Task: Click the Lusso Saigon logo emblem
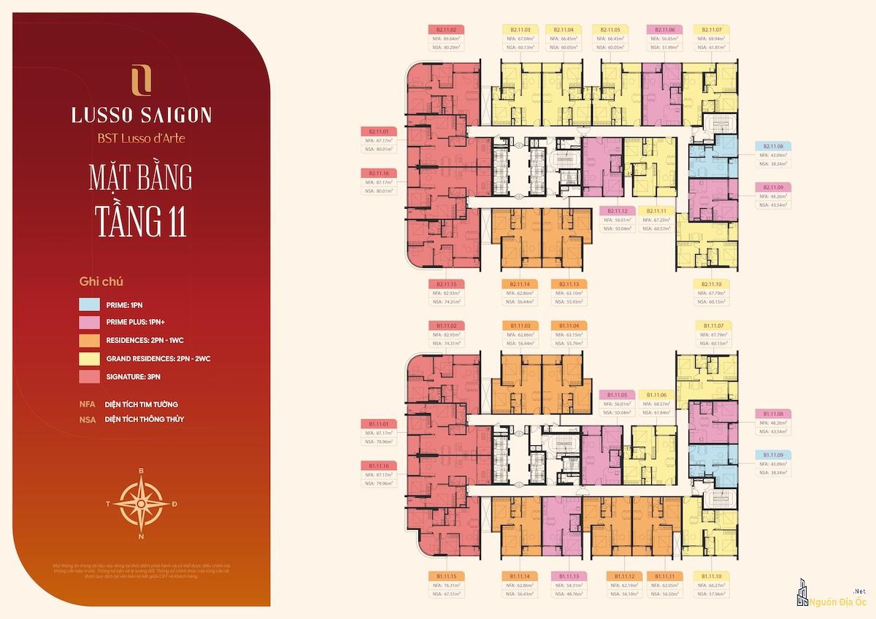pos(141,80)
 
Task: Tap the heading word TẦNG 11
pos(141,220)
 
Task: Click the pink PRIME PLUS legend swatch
pos(90,322)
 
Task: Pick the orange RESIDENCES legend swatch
pos(90,340)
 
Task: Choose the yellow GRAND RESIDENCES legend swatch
pos(90,358)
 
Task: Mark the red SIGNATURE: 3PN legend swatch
pos(90,377)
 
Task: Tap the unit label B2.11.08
pos(773,146)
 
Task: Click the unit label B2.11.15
pos(446,284)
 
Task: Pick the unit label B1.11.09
pos(773,455)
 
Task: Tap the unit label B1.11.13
pos(571,576)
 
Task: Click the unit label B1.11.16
pos(377,465)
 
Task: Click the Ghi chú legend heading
pos(101,280)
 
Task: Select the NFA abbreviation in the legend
pos(88,404)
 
